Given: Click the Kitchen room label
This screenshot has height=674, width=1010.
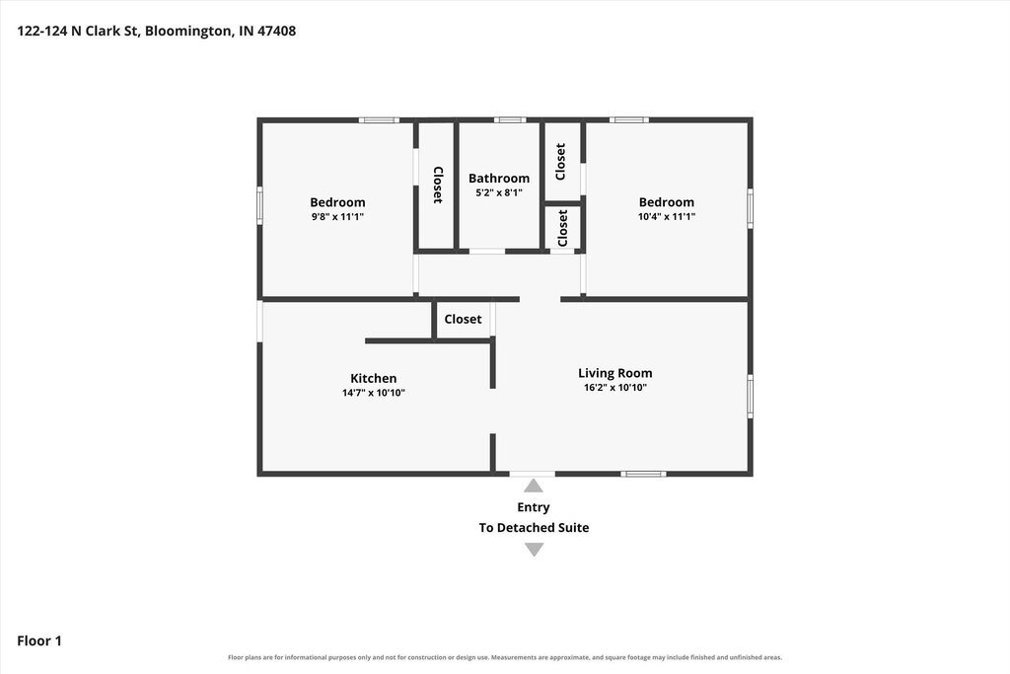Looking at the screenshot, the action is click(373, 378).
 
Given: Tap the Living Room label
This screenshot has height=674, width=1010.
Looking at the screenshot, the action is click(614, 373).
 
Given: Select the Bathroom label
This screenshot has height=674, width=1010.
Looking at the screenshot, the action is click(498, 179).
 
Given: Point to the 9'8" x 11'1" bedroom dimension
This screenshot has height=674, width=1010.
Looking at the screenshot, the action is click(337, 216).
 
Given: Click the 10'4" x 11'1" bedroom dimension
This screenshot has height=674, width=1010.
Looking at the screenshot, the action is click(666, 216).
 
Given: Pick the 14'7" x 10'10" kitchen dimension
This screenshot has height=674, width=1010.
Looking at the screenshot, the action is click(373, 393).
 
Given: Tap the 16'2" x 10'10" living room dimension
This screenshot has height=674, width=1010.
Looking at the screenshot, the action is click(614, 387).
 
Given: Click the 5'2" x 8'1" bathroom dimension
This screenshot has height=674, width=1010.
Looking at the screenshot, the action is click(498, 192).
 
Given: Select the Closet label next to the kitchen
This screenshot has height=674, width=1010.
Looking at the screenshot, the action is click(463, 319).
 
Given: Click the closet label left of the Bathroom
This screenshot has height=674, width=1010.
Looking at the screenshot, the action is click(437, 185).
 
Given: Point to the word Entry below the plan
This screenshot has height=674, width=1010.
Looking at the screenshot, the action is click(534, 507).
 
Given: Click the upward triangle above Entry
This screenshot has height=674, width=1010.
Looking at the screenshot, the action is click(534, 486).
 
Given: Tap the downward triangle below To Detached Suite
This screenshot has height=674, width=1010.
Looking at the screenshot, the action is click(534, 549).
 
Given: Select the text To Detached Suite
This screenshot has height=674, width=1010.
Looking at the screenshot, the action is click(534, 528).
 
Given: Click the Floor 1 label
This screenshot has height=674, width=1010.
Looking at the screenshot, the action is click(39, 640).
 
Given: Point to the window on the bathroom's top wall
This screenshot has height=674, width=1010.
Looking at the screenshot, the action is click(510, 119).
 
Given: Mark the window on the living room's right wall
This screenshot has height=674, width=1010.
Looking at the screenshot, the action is click(750, 397).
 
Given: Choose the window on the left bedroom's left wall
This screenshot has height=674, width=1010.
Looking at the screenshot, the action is click(259, 205).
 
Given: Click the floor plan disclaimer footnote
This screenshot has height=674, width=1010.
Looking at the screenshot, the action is click(505, 657).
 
